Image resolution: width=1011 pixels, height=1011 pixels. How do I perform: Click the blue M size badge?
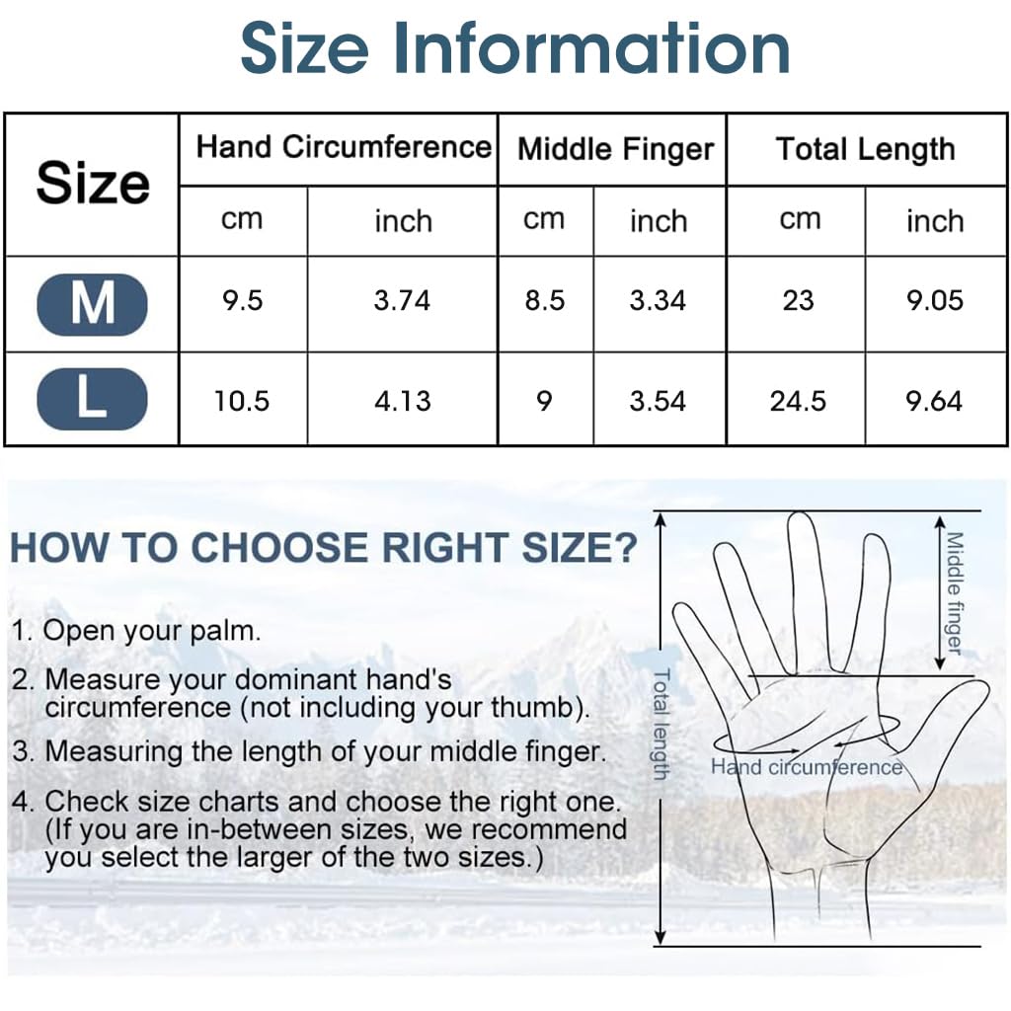tap(92, 303)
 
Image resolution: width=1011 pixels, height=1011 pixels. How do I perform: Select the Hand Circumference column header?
tap(343, 148)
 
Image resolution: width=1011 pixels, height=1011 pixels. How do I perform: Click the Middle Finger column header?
tap(615, 149)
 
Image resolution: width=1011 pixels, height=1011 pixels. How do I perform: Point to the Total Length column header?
tap(865, 149)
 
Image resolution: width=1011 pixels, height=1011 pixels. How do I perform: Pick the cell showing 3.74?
tap(402, 300)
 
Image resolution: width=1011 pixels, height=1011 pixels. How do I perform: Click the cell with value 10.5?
tap(242, 401)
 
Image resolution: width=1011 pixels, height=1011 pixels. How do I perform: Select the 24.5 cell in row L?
tap(798, 401)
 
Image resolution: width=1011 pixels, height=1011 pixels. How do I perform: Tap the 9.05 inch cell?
tap(934, 300)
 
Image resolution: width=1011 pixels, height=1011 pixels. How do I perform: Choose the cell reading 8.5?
tap(544, 300)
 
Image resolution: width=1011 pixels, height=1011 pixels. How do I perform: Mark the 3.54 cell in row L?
tap(658, 401)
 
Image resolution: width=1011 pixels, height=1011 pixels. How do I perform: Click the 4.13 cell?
tap(402, 401)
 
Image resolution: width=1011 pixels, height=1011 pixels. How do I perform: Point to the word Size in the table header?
tap(92, 184)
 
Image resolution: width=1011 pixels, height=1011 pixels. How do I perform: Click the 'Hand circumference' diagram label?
tap(807, 767)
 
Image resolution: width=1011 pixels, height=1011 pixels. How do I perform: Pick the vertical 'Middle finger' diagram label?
tap(954, 592)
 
